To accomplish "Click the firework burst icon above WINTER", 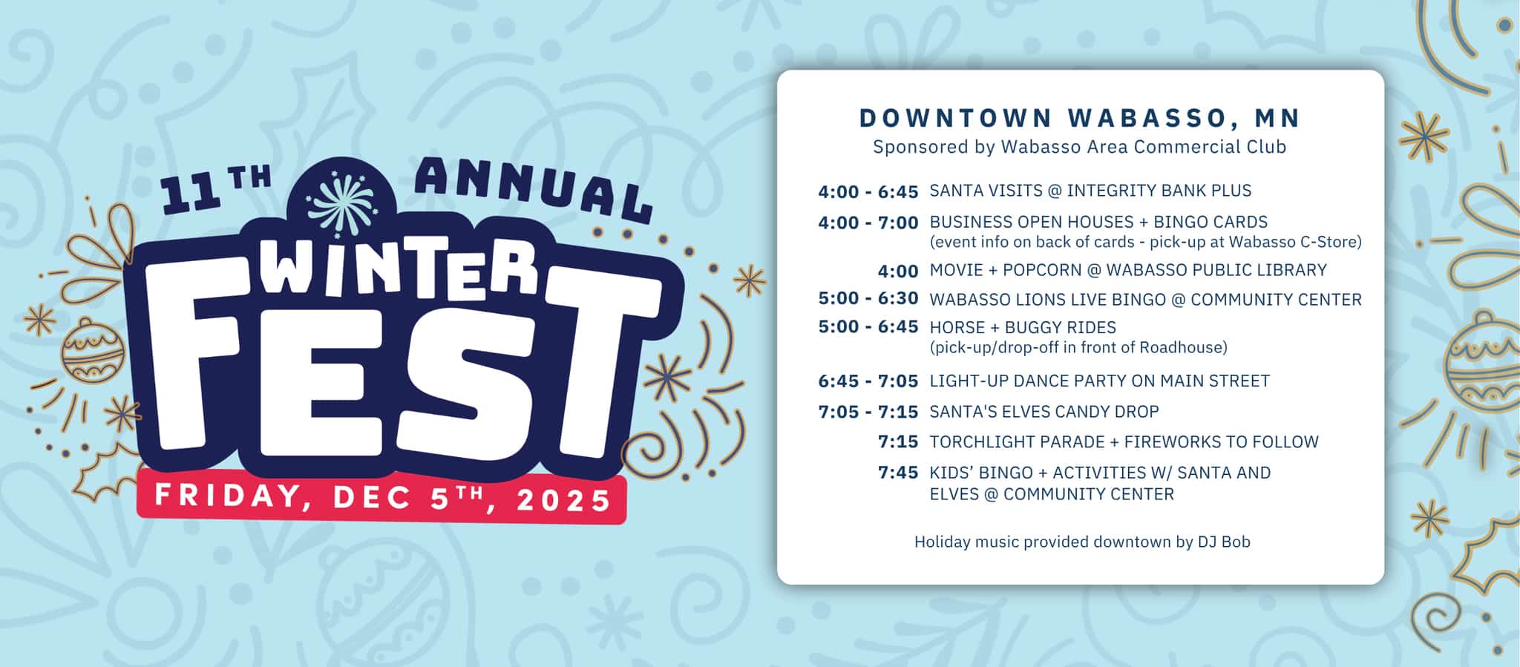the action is [x=342, y=201].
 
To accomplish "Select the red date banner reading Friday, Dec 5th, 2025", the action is [x=381, y=497].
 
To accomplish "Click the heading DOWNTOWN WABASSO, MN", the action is [x=1080, y=118].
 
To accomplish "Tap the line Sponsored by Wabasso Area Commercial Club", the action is [x=1080, y=147].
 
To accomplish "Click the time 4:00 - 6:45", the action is [x=868, y=192].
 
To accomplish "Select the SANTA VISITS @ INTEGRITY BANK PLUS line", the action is [x=1090, y=191].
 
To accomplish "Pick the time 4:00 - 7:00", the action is [x=868, y=223].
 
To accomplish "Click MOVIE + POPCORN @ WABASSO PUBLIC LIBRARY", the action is [x=1128, y=270].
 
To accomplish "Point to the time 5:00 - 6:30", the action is [x=868, y=298].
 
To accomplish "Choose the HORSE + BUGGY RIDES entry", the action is [x=1023, y=327].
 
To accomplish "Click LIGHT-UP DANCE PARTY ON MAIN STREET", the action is [x=1100, y=381].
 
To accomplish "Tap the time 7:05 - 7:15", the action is [x=868, y=412].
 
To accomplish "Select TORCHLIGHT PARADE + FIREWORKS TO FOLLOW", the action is [x=1124, y=442].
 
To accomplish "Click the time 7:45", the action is [x=898, y=473].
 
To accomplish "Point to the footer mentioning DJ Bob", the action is [x=1082, y=542].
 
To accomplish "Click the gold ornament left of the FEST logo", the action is [x=93, y=351].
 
